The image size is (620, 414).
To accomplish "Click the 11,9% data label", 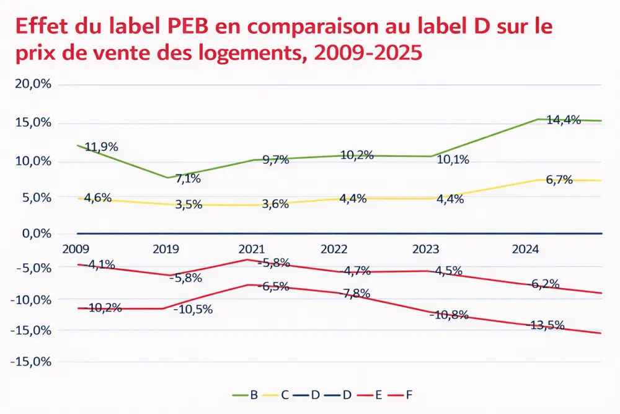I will (101, 147).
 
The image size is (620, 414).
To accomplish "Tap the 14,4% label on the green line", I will (563, 120).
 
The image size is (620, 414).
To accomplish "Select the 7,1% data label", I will (188, 179).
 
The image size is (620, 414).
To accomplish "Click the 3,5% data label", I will (188, 204).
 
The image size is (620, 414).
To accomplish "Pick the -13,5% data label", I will (546, 325).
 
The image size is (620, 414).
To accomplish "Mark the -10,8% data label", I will (448, 315).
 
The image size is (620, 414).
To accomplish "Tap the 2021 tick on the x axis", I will (252, 249).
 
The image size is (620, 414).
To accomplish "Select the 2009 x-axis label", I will (76, 249).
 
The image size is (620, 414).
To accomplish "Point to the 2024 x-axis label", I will (525, 249).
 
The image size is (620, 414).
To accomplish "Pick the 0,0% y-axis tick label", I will (37, 233).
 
